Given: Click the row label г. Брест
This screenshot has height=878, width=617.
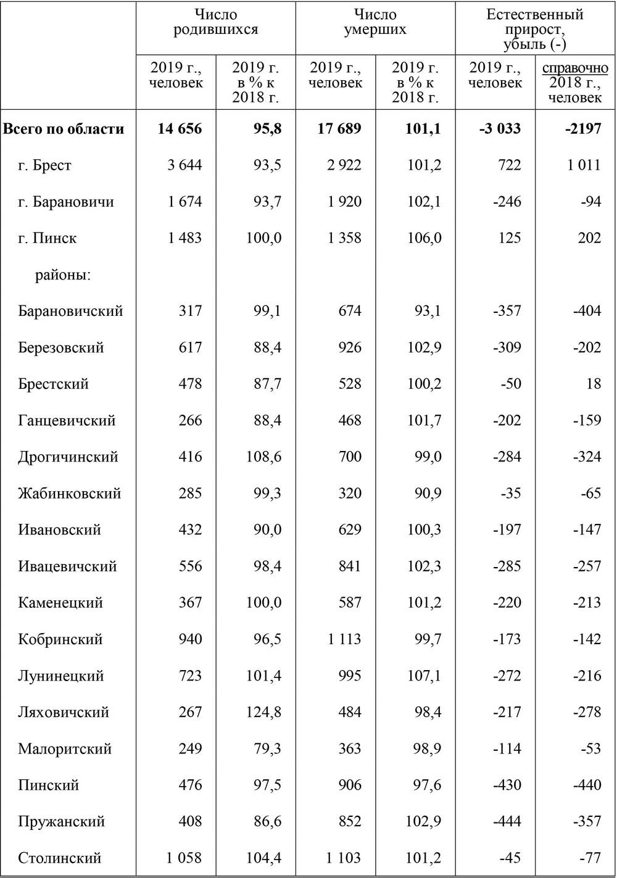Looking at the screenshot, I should pos(44,165).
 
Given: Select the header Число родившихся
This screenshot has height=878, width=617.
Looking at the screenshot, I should pos(215,22).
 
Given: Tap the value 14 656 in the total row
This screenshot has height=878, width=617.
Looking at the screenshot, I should pos(180,129).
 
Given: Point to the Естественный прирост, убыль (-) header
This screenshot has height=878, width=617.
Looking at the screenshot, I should pos(535,29).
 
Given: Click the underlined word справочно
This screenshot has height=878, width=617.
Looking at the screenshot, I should pos(575,68).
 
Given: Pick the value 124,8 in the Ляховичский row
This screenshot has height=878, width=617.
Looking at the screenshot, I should pos(263,713).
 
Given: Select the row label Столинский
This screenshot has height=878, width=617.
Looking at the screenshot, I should pos(59,858).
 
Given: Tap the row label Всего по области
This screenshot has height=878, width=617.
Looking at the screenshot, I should pos(64,129).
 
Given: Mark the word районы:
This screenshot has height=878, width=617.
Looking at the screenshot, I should pos(63,275).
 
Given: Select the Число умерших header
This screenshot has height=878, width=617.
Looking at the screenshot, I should pos(375,22).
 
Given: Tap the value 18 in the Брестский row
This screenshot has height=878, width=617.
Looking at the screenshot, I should pos(593,384).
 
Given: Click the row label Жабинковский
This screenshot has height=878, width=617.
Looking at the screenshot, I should pos(69,494).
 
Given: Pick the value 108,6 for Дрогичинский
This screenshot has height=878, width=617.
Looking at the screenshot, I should pos(263,457).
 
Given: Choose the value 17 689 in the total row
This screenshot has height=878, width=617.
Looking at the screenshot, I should pos(339,129).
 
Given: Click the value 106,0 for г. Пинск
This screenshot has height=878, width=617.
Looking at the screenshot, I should pos(424,238).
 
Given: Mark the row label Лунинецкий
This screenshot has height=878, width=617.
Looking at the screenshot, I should pos(61,676).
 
